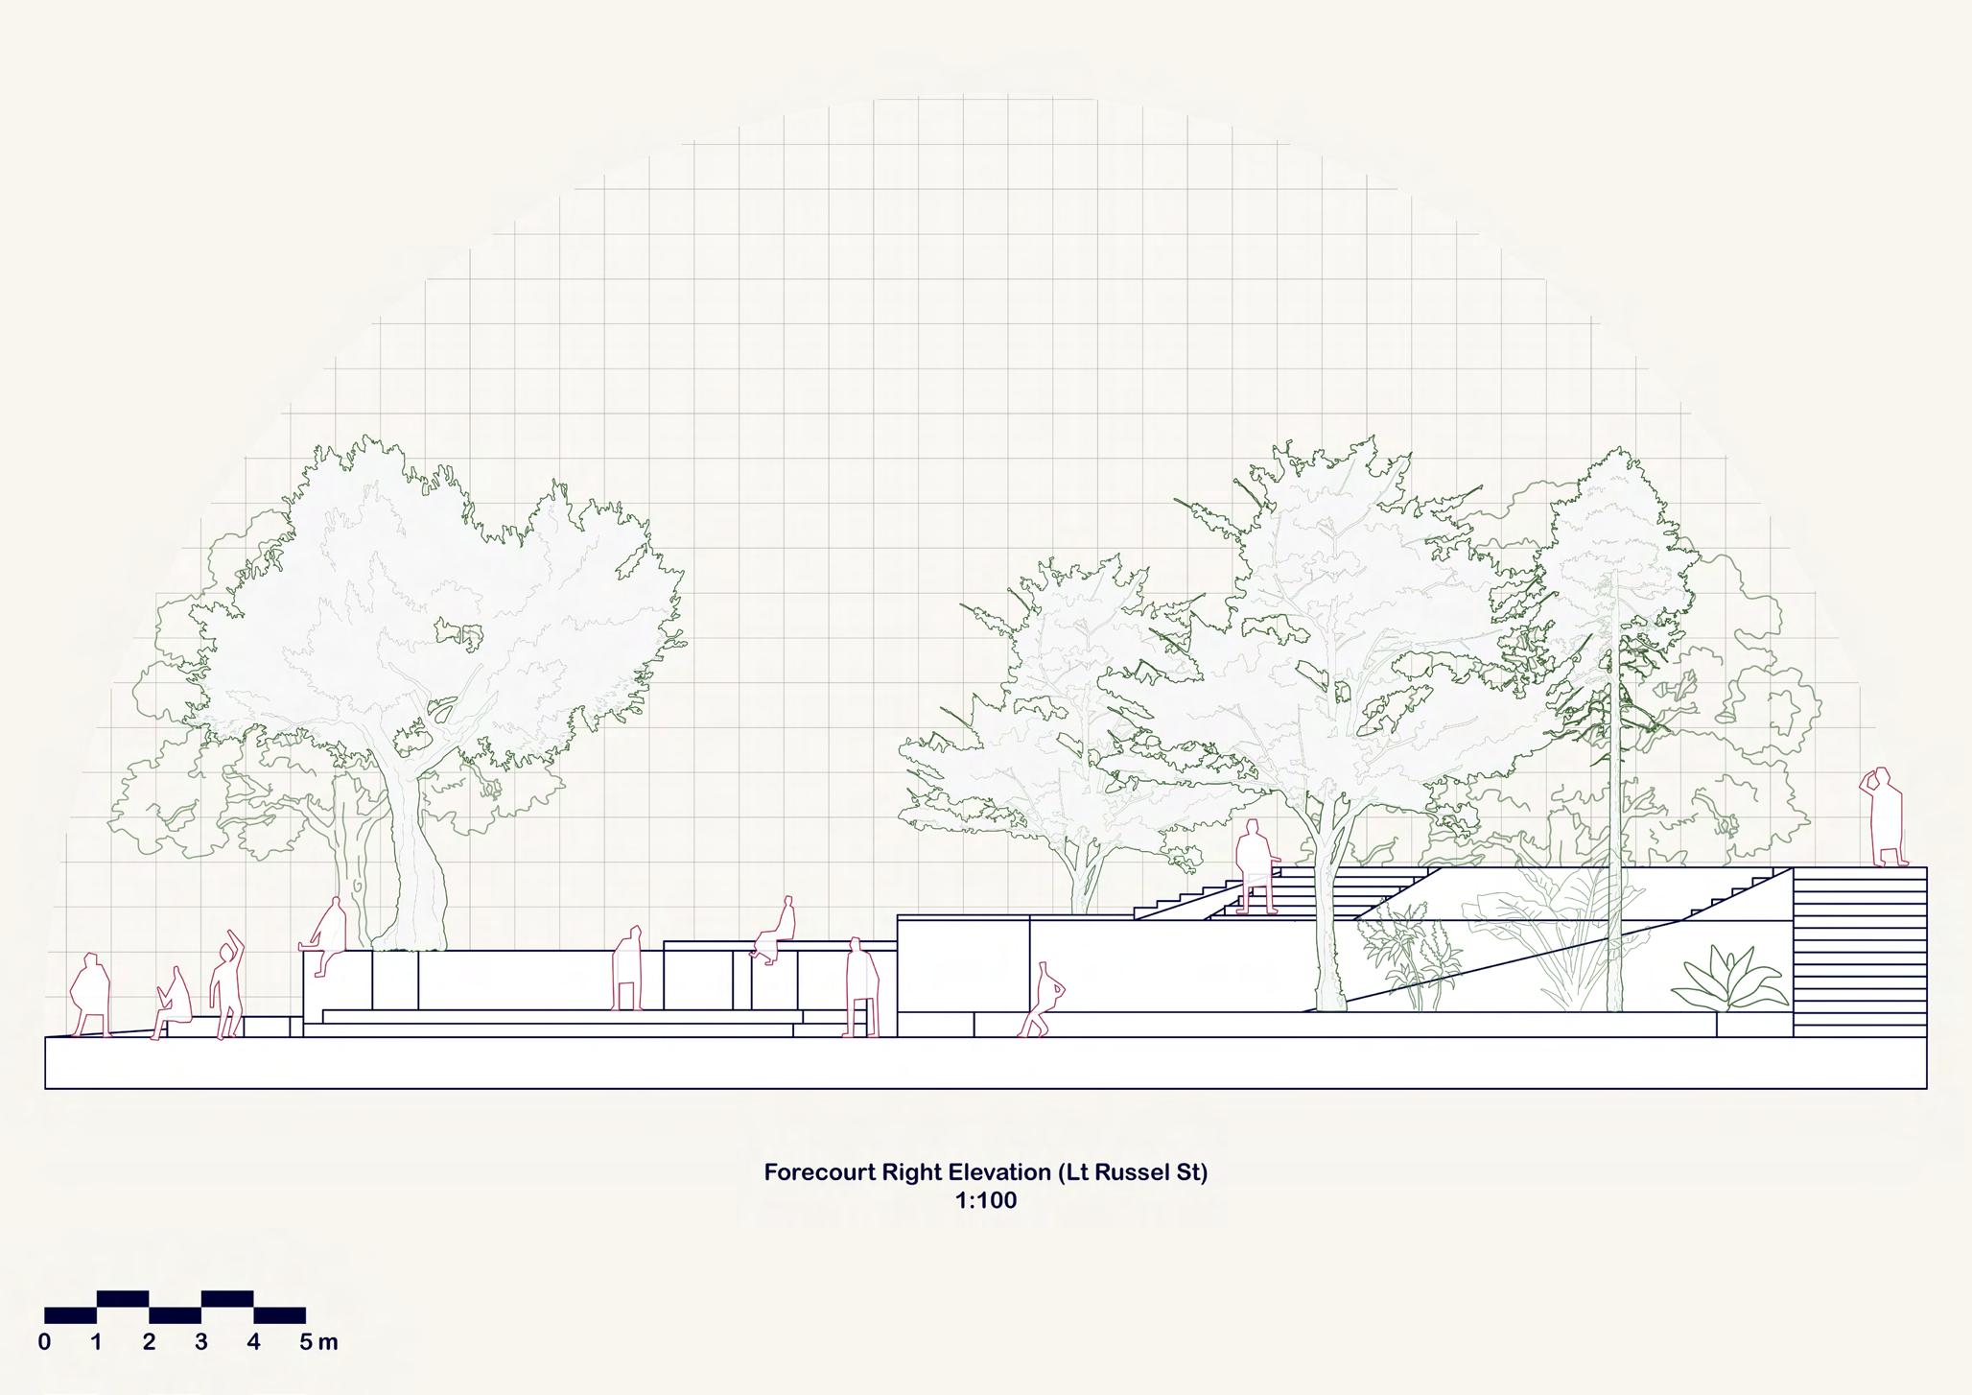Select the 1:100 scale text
click(x=985, y=1200)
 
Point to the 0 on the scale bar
click(x=44, y=1342)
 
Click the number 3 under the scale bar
click(x=200, y=1342)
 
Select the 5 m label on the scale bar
click(x=317, y=1342)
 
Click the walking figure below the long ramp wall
click(x=1043, y=1002)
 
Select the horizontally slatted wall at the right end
click(x=1859, y=950)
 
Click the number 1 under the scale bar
click(x=96, y=1342)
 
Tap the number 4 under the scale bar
click(x=253, y=1342)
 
